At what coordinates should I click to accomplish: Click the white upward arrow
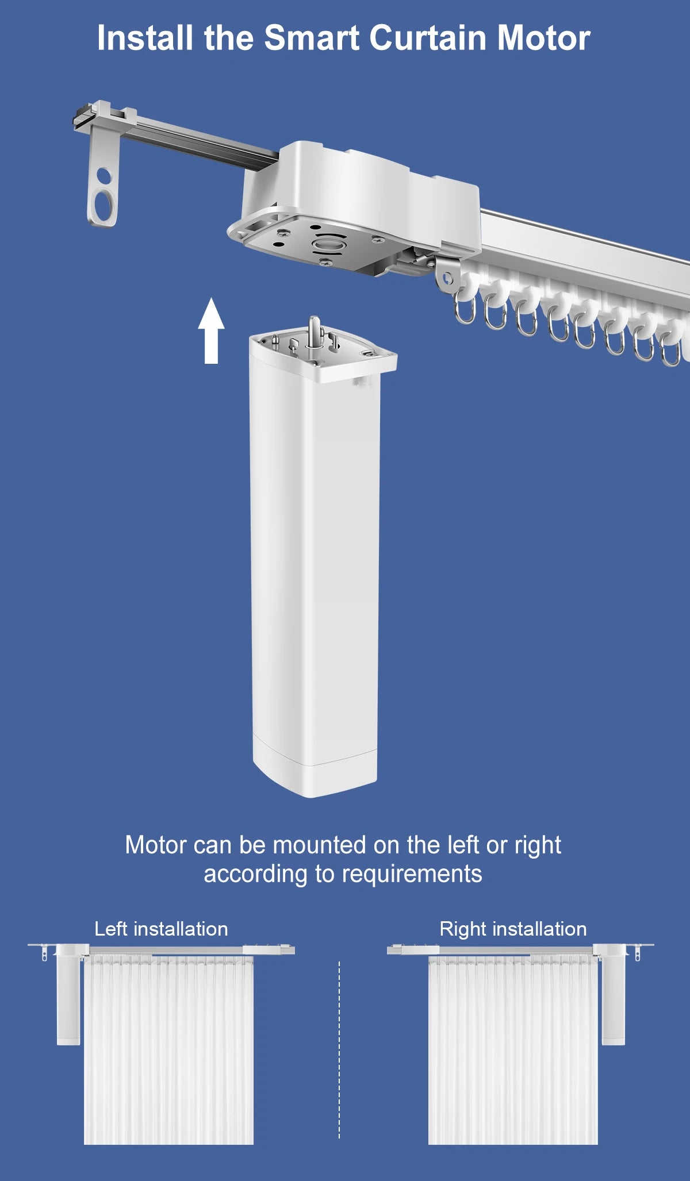(x=211, y=330)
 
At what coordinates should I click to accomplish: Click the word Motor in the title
(x=543, y=38)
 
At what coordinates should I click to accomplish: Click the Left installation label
(x=161, y=929)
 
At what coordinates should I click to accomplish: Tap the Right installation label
(x=513, y=929)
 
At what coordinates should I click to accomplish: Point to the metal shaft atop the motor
(x=315, y=332)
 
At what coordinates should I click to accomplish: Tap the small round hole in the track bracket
(x=103, y=175)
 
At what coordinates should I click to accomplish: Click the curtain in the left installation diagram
(x=169, y=1049)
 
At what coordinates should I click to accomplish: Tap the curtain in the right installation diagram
(x=513, y=1049)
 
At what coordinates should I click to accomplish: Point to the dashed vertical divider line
(x=339, y=1049)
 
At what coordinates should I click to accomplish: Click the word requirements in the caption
(x=412, y=875)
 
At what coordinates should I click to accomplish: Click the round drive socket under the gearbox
(x=329, y=244)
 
